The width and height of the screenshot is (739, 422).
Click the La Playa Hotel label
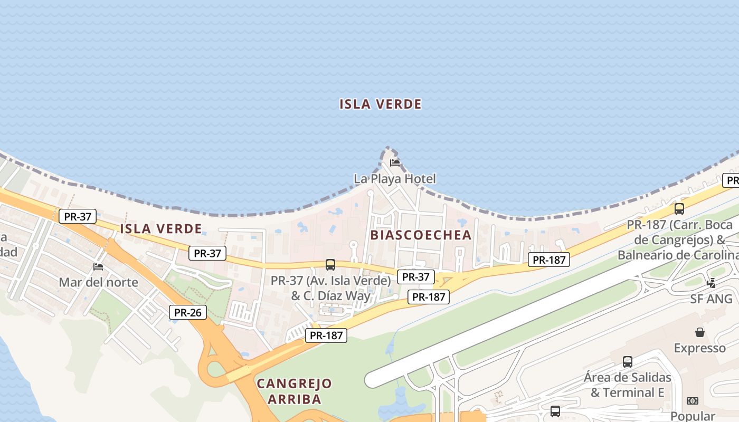tap(395, 179)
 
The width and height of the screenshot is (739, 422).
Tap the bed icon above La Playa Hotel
tap(395, 162)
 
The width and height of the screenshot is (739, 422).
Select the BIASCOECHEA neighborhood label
tap(421, 235)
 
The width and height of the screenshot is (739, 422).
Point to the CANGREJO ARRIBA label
tap(294, 391)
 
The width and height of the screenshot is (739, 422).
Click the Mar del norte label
tap(98, 282)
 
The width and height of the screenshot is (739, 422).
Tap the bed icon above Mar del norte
tap(98, 266)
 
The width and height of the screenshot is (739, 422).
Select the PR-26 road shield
tap(188, 312)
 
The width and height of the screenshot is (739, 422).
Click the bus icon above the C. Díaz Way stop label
tap(330, 265)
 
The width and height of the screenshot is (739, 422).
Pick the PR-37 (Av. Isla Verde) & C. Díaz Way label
tap(331, 288)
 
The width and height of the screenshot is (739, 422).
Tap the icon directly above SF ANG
tap(711, 283)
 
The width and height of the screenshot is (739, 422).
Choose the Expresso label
tap(699, 348)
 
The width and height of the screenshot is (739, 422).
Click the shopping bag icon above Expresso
tap(700, 332)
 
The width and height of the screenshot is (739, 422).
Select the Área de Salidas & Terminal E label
tap(627, 385)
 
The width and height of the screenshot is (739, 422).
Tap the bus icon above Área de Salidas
tap(627, 362)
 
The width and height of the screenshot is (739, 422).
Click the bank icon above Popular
tap(693, 401)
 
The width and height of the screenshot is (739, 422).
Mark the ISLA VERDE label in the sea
tap(380, 104)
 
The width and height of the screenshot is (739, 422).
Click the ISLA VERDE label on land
tap(161, 228)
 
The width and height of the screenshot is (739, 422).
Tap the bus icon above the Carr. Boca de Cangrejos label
tap(679, 209)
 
